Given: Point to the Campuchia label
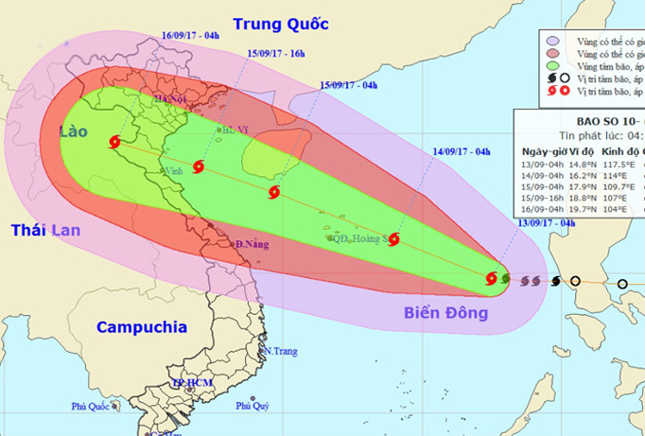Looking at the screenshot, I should click(141, 328).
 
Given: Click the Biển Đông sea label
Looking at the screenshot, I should click(445, 313).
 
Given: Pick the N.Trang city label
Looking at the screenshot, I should click(281, 351).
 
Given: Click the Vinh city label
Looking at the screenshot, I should click(173, 172).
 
